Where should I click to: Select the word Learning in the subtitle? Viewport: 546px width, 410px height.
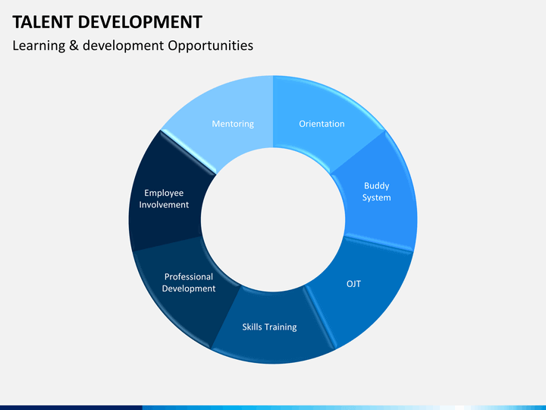click(x=38, y=46)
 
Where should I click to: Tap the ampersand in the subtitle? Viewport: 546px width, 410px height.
click(x=74, y=46)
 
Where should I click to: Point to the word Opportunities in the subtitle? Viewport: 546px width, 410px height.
click(x=212, y=46)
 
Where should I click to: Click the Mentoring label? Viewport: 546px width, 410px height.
click(x=233, y=124)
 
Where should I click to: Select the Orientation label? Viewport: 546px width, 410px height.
click(x=322, y=124)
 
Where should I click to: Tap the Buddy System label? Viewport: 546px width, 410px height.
click(x=376, y=191)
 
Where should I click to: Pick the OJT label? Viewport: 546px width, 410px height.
click(x=353, y=283)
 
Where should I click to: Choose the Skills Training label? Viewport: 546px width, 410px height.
click(x=269, y=327)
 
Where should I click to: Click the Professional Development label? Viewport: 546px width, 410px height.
click(x=189, y=282)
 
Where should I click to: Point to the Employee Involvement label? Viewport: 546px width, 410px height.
click(x=164, y=199)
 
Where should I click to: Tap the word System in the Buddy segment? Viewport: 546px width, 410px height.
click(x=376, y=197)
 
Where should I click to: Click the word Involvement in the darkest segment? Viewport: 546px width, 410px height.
click(x=164, y=205)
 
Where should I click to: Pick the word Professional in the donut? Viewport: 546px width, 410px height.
click(x=189, y=276)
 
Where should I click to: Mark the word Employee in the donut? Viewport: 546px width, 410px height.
click(x=164, y=193)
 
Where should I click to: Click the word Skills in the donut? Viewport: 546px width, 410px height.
click(x=251, y=327)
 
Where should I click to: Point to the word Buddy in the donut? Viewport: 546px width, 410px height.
click(x=376, y=185)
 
